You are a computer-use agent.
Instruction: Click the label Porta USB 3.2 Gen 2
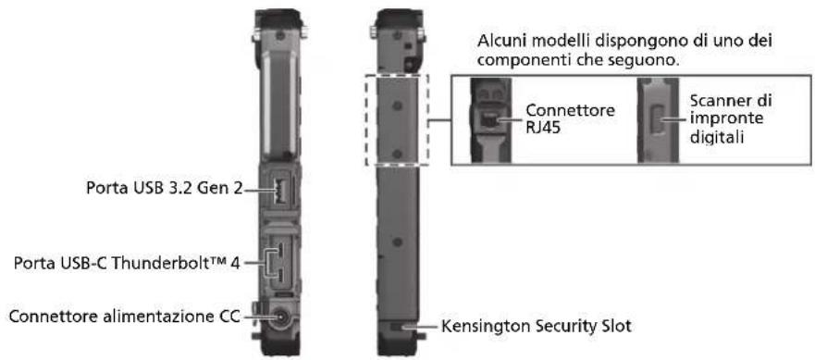click(165, 188)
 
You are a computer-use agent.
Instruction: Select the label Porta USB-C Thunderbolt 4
click(127, 263)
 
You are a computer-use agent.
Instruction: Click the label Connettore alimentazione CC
click(125, 317)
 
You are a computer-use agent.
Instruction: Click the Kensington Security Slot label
click(536, 327)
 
